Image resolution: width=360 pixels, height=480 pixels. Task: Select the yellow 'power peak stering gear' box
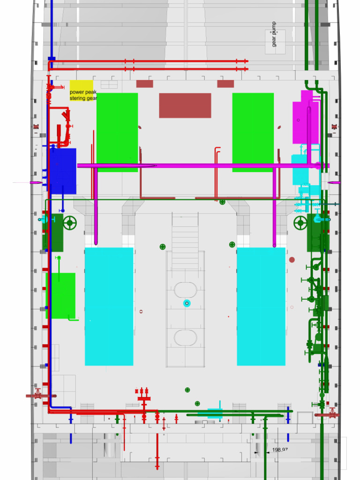pyautogui.click(x=82, y=90)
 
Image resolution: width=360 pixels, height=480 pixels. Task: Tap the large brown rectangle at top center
pyautogui.click(x=185, y=105)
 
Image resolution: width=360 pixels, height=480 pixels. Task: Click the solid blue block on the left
pyautogui.click(x=62, y=171)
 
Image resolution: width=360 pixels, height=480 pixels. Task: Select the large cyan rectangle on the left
pyautogui.click(x=109, y=307)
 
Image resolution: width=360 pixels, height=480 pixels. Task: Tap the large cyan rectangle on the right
pyautogui.click(x=261, y=307)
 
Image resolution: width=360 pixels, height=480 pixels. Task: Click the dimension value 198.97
pyautogui.click(x=279, y=450)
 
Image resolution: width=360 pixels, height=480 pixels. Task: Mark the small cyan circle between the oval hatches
pyautogui.click(x=187, y=303)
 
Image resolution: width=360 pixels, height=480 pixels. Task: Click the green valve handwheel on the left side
pyautogui.click(x=70, y=223)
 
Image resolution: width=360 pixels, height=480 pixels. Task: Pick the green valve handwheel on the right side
pyautogui.click(x=300, y=223)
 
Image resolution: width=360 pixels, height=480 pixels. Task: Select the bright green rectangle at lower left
pyautogui.click(x=61, y=295)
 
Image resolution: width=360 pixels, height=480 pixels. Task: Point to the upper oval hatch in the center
pyautogui.click(x=186, y=290)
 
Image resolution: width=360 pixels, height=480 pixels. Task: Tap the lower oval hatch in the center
pyautogui.click(x=186, y=337)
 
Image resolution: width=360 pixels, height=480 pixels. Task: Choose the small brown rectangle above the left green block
pyautogui.click(x=144, y=84)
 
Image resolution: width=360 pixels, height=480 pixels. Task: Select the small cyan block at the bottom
pyautogui.click(x=215, y=413)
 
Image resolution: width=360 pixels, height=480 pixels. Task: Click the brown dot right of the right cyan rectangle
pyautogui.click(x=292, y=260)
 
